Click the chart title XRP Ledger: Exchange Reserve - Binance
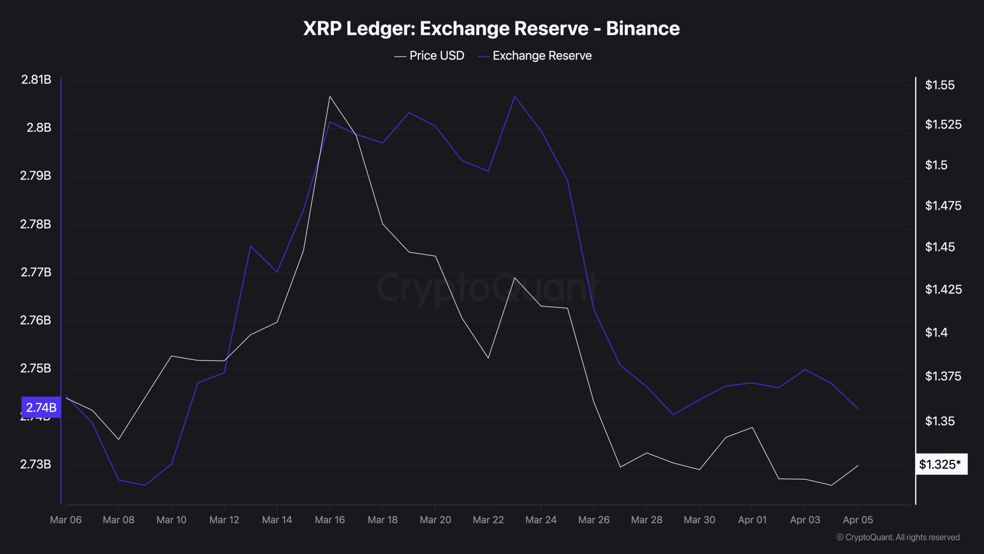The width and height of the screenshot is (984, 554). click(491, 28)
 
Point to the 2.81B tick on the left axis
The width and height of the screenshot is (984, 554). click(36, 80)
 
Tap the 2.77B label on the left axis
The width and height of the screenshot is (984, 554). click(36, 272)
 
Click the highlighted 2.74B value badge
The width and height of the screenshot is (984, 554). click(41, 407)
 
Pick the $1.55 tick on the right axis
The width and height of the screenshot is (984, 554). click(939, 85)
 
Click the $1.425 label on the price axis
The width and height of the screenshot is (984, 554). click(943, 289)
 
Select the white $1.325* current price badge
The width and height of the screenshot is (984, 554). click(941, 464)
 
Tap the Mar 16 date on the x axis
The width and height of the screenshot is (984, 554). click(330, 520)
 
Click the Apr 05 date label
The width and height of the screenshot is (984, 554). click(858, 520)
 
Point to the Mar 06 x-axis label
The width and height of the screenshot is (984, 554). click(66, 520)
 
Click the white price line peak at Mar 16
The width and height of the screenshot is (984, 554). click(330, 97)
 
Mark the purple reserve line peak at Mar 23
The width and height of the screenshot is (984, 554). click(515, 96)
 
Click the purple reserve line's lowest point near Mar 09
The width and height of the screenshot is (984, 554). click(145, 485)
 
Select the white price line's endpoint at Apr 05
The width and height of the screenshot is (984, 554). click(858, 466)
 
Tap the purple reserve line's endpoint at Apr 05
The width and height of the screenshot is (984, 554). click(858, 409)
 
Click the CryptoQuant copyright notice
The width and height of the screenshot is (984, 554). click(898, 537)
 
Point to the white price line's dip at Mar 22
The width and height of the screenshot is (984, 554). click(488, 358)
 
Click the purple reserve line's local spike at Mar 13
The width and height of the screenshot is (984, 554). click(251, 246)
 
